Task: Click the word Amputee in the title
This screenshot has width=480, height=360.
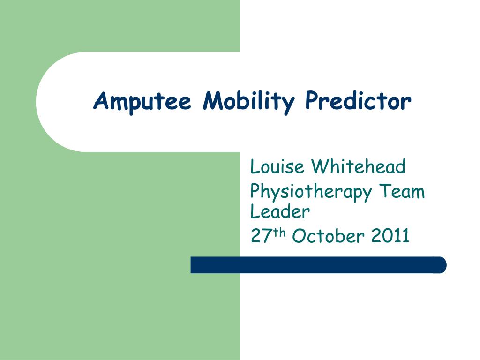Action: [142, 101]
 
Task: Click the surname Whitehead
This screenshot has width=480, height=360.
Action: [359, 166]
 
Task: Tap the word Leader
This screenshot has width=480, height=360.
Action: [280, 211]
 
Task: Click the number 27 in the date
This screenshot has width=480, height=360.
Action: [260, 236]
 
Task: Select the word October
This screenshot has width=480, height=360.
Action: [328, 236]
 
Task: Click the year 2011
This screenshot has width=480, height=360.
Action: [390, 236]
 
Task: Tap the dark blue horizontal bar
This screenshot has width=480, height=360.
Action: [318, 265]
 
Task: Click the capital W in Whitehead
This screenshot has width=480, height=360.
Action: [321, 166]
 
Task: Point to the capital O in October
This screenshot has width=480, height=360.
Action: [299, 236]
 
